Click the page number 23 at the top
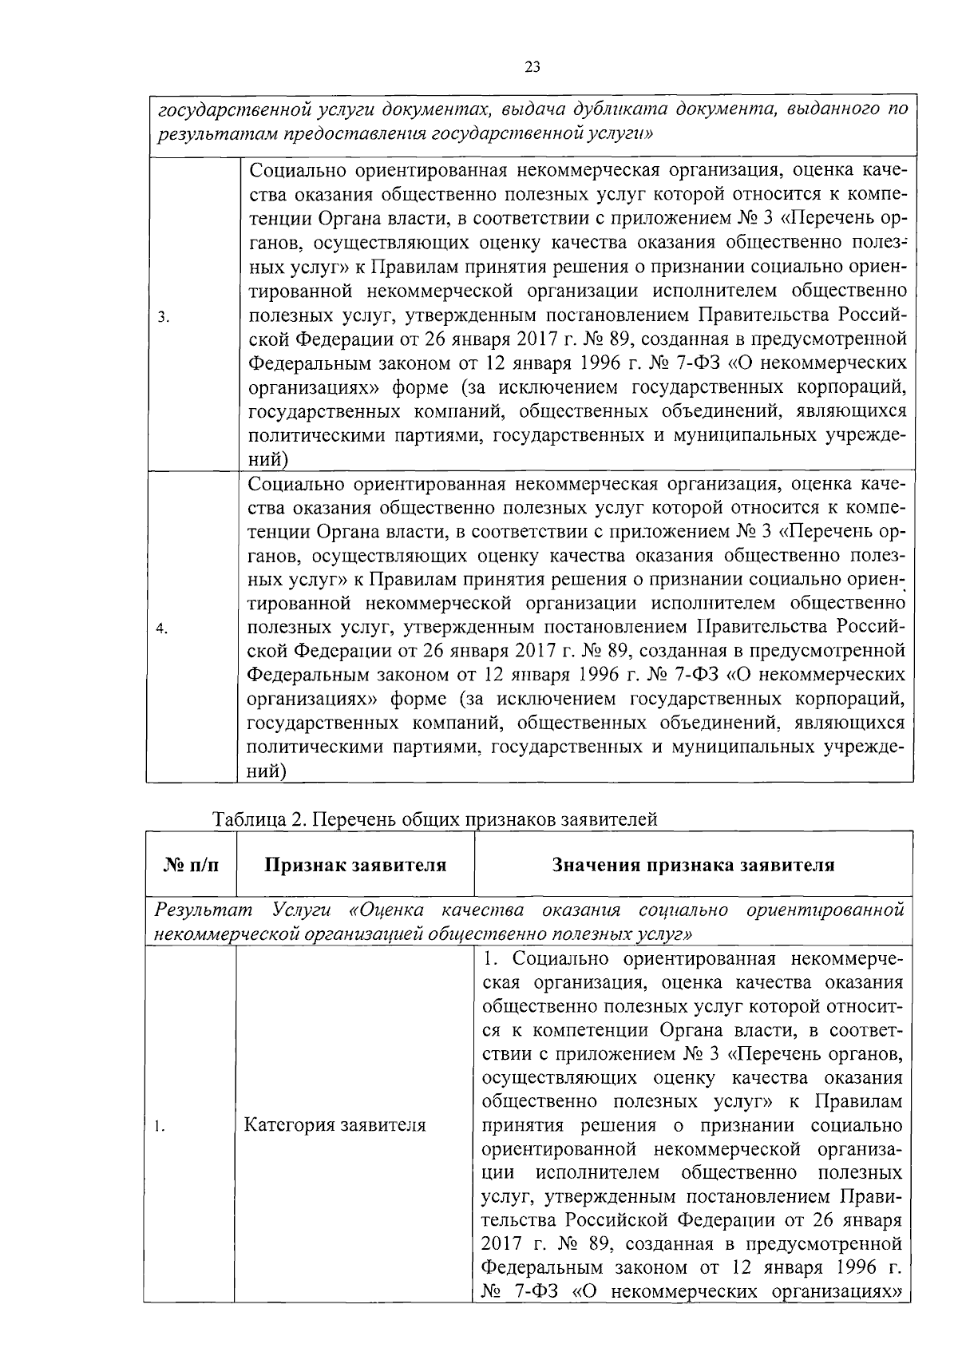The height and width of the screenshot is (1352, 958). click(533, 67)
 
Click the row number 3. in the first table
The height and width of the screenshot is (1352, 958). click(162, 317)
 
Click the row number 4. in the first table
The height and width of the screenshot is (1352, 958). click(162, 628)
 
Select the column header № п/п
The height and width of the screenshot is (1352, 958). click(191, 866)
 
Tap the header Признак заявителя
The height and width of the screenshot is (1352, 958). click(355, 866)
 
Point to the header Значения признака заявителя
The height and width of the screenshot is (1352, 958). click(693, 866)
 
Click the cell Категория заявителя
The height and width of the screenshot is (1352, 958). click(335, 1125)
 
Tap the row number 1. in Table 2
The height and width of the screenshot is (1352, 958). click(160, 1127)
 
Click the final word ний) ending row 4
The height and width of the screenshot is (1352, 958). click(267, 771)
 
